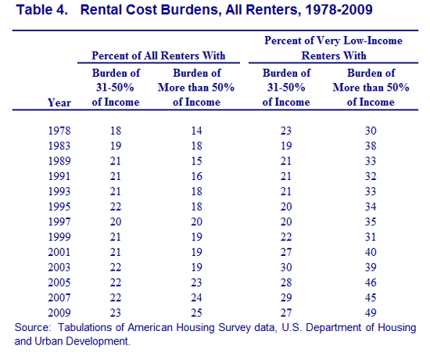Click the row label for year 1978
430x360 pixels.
(x=59, y=131)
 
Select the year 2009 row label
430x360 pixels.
(x=59, y=313)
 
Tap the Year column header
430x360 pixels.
(x=59, y=103)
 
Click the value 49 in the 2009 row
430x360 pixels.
(x=371, y=313)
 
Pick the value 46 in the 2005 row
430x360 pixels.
(x=371, y=283)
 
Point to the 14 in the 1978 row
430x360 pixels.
(x=196, y=131)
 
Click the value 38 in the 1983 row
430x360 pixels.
(x=371, y=146)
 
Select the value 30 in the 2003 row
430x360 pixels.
(x=286, y=267)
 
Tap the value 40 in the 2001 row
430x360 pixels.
(x=371, y=252)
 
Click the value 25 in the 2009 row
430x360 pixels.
(x=196, y=313)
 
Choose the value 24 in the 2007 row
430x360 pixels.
(x=196, y=297)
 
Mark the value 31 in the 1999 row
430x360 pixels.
(x=371, y=236)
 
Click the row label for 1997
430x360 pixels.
(x=59, y=221)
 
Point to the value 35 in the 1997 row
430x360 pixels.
(x=371, y=221)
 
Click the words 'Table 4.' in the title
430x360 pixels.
(x=42, y=10)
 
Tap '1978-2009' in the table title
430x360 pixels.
(x=339, y=10)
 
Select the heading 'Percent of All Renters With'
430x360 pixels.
(x=159, y=56)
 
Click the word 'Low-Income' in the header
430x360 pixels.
(x=373, y=41)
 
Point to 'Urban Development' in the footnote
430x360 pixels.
(x=81, y=341)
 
